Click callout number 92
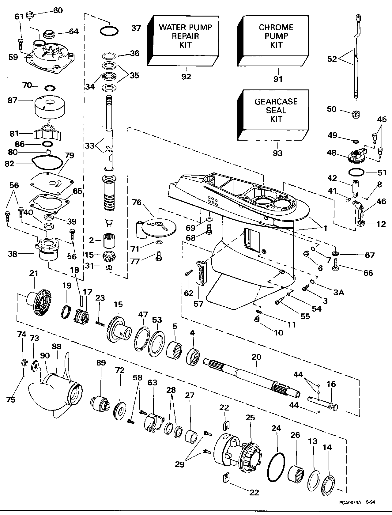[186, 77]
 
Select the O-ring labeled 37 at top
[109, 31]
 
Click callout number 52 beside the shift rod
[332, 59]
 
